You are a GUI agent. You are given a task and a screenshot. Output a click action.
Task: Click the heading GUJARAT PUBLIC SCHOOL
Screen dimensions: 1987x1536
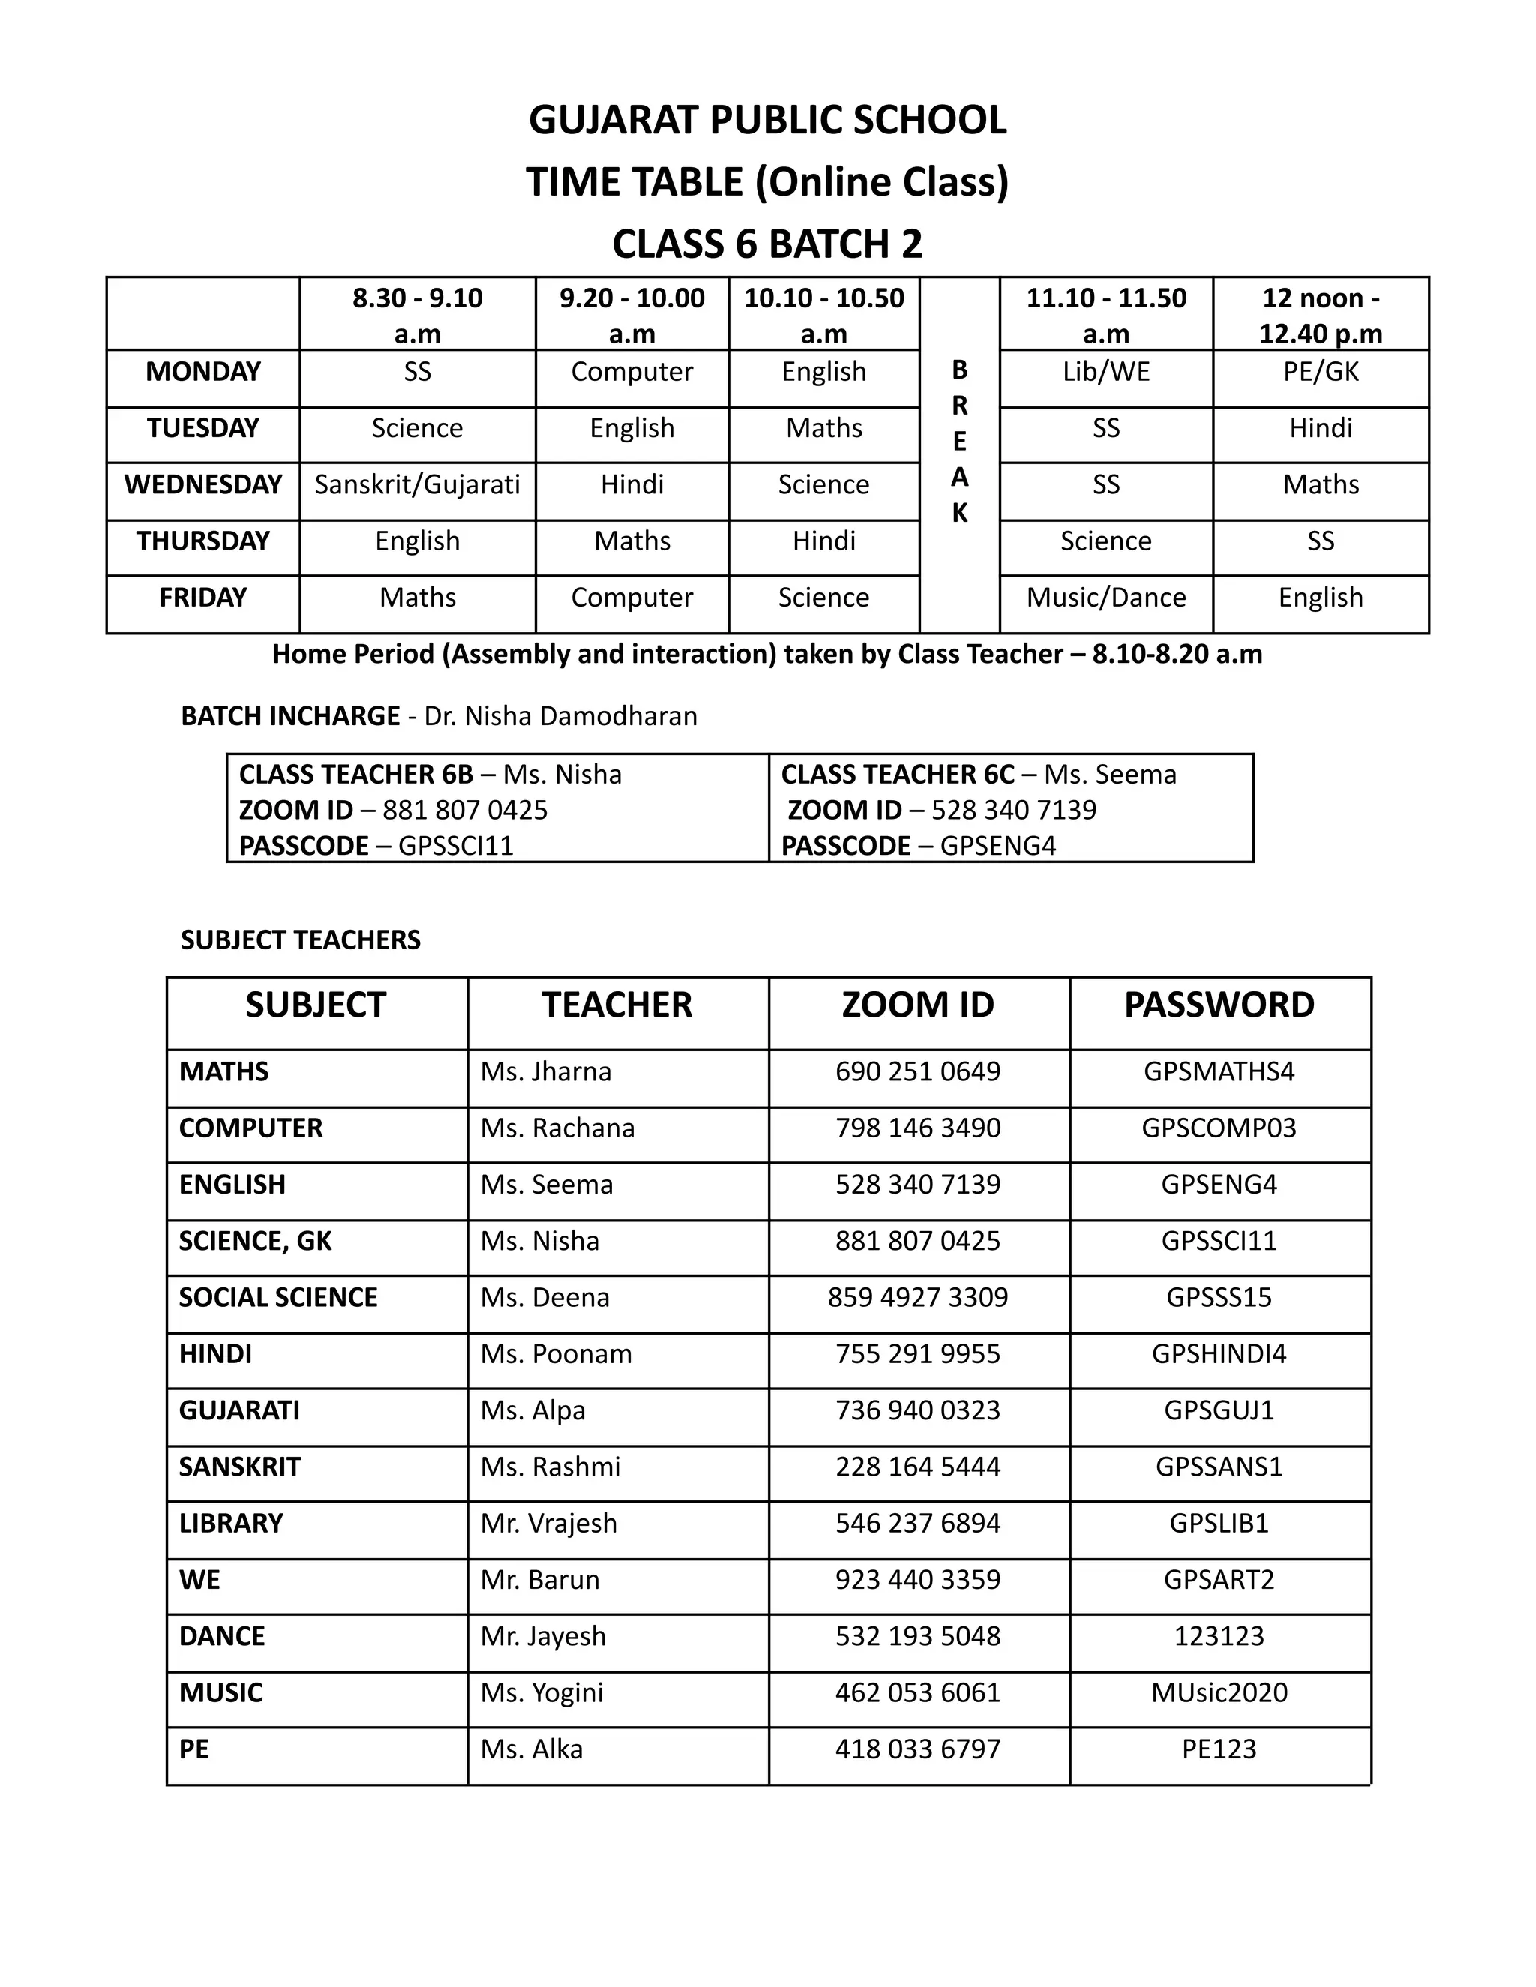point(767,121)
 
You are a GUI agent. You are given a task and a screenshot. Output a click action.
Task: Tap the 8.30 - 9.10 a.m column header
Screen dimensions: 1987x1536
point(417,315)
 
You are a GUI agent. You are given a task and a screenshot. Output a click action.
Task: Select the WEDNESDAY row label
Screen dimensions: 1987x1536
point(203,484)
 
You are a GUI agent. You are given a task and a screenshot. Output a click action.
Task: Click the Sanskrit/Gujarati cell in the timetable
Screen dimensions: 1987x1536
point(417,484)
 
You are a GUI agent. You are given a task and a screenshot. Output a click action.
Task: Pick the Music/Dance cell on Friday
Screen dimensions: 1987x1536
point(1105,597)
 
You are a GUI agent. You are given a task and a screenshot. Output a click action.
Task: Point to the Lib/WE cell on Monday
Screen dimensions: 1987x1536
point(1105,371)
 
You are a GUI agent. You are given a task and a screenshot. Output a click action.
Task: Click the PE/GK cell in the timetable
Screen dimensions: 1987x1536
point(1320,371)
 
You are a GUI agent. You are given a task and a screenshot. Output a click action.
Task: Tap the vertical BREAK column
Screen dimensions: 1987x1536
point(959,442)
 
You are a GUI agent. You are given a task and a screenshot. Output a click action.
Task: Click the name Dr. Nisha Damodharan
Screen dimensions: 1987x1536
point(560,716)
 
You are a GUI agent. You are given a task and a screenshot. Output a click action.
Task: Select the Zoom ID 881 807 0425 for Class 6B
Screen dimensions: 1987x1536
point(465,810)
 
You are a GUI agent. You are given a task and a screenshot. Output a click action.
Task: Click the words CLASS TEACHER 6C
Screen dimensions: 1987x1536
point(897,775)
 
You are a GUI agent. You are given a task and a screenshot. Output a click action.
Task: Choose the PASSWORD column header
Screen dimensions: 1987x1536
point(1219,1005)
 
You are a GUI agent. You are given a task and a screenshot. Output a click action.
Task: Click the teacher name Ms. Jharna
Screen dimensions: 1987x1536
point(546,1071)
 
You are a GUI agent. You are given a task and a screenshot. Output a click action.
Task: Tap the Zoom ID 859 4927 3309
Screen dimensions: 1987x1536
point(917,1296)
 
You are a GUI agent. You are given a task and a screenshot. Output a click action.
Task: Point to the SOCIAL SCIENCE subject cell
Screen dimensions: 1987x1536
point(277,1296)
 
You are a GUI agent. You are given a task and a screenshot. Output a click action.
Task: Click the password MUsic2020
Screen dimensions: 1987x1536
point(1219,1692)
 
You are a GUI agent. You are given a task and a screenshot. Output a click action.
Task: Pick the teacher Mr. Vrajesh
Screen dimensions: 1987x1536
point(549,1523)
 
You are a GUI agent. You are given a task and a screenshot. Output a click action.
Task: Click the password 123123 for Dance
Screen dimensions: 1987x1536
point(1219,1636)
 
